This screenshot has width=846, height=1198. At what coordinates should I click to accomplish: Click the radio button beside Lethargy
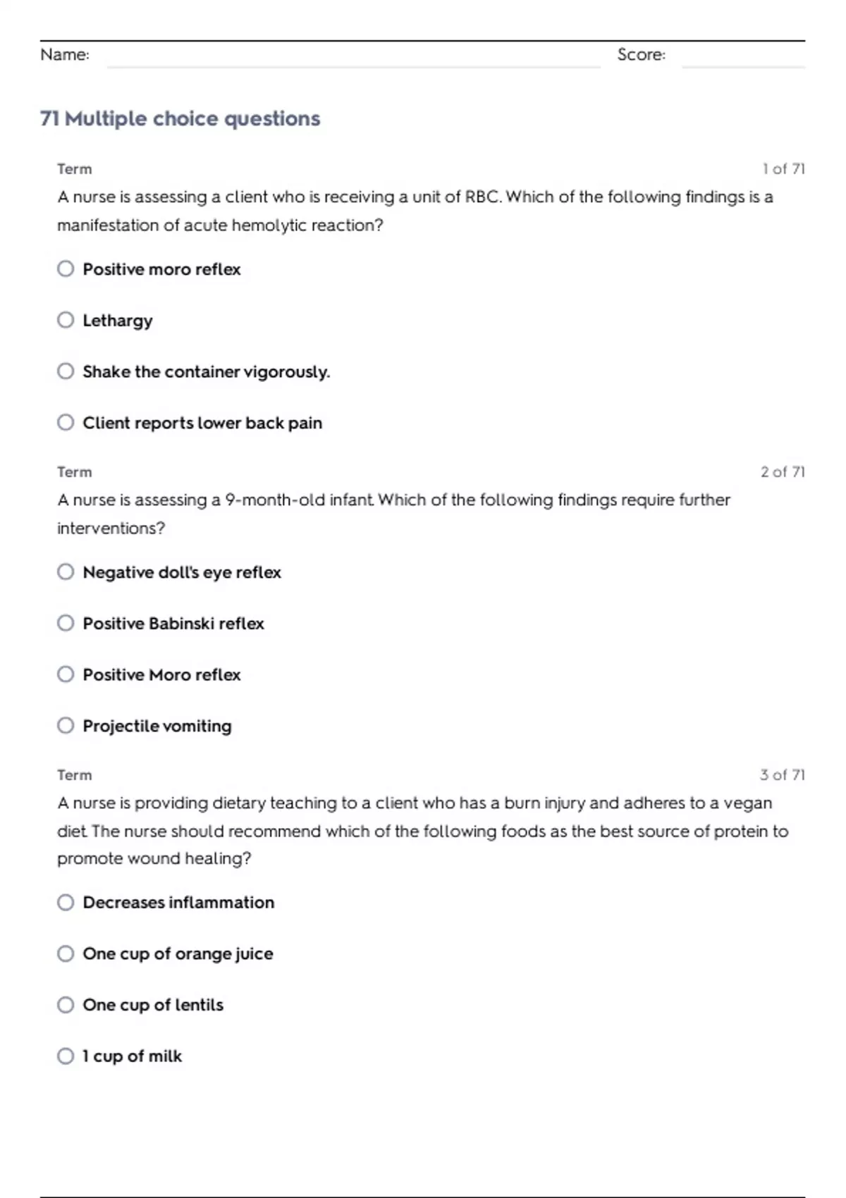tap(66, 320)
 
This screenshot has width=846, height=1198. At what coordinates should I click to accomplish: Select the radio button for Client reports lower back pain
tap(66, 422)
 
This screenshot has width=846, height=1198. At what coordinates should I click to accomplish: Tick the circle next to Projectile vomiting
tap(66, 725)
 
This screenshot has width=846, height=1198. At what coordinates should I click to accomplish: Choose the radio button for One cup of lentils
tap(66, 1004)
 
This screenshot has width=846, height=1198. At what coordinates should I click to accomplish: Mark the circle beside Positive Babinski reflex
tap(66, 623)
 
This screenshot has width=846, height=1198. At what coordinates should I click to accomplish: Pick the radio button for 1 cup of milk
tap(66, 1056)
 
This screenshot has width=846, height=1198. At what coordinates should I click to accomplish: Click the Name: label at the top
tap(65, 55)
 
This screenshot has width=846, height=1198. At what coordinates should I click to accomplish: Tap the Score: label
tap(641, 55)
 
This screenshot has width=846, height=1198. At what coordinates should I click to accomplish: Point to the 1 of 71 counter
tap(783, 169)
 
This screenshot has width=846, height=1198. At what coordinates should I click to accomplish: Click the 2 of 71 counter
tap(783, 472)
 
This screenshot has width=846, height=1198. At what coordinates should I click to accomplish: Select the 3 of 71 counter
tap(783, 775)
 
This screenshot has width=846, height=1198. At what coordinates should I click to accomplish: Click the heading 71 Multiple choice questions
tap(180, 118)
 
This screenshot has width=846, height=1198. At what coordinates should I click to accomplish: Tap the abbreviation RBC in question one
tap(483, 197)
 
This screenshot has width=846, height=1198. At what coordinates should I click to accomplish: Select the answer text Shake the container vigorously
tap(206, 371)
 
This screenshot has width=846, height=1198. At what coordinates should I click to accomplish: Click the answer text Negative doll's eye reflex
tap(182, 572)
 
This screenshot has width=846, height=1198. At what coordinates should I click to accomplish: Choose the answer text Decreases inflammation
tap(178, 903)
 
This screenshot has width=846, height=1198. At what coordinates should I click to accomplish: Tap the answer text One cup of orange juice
tap(178, 953)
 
